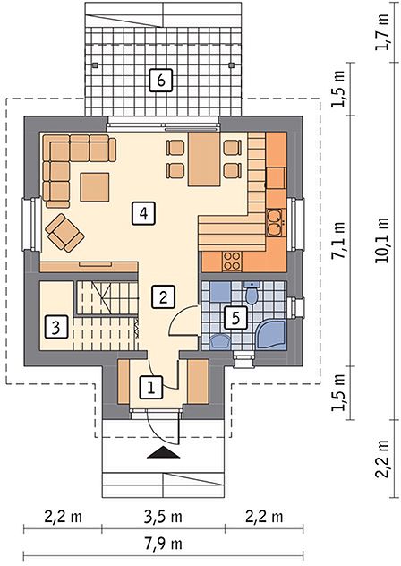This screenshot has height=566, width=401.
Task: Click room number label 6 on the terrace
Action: [x=161, y=80]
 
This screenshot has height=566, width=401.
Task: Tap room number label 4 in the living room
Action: [x=143, y=214]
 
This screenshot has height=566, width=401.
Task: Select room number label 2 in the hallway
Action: [x=163, y=297]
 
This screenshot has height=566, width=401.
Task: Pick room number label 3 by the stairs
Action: [x=55, y=328]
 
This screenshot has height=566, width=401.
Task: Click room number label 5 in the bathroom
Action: [x=236, y=318]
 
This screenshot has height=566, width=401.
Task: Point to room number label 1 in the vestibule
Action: [x=151, y=388]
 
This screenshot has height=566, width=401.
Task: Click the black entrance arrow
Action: [x=164, y=452]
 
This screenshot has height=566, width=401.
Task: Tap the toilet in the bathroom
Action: [x=252, y=293]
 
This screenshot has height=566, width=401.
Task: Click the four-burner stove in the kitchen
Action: [x=232, y=262]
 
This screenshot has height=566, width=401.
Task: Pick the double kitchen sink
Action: [x=276, y=223]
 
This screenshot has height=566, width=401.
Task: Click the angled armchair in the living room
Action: [x=64, y=232]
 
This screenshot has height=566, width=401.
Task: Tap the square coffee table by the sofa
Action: [x=95, y=187]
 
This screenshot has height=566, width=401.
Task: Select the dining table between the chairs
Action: [x=204, y=159]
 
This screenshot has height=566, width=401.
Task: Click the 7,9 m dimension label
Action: [x=164, y=544]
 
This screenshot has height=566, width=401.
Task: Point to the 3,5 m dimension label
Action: [x=164, y=517]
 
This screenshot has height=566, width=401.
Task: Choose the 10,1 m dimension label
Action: [x=382, y=240]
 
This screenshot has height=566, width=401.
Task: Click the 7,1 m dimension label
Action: [x=339, y=240]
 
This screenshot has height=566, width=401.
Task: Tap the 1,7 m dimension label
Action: [x=382, y=32]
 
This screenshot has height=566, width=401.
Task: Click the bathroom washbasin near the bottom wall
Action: [x=220, y=341]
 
